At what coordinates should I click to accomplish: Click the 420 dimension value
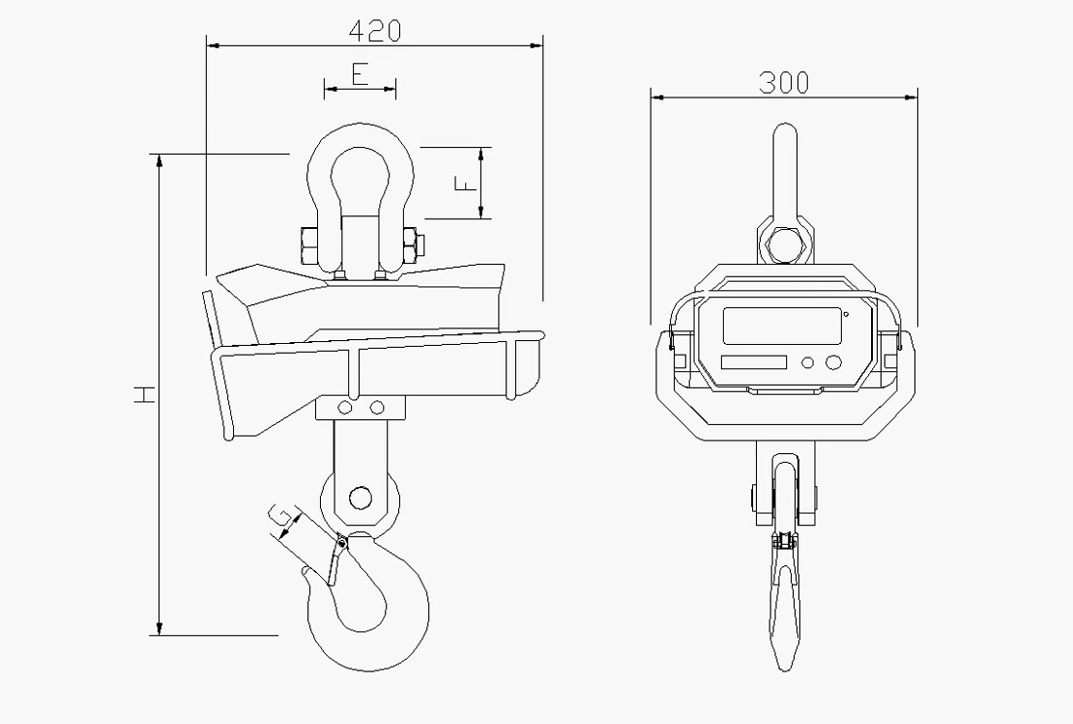coord(375,30)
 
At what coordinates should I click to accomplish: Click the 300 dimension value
coord(783,83)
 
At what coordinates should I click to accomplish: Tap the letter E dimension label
coord(360,74)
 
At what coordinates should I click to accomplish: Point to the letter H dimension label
coord(143,395)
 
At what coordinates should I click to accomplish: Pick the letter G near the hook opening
coord(279,515)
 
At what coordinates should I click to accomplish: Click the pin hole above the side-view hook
coord(360,497)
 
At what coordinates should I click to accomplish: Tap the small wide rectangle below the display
coord(754,362)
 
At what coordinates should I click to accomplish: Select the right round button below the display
coord(834,362)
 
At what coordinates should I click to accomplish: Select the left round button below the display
coord(808,362)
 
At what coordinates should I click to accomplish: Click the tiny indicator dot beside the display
coord(847,314)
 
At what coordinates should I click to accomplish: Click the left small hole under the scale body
coord(345,405)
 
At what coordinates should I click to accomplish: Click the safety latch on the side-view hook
coord(336,560)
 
